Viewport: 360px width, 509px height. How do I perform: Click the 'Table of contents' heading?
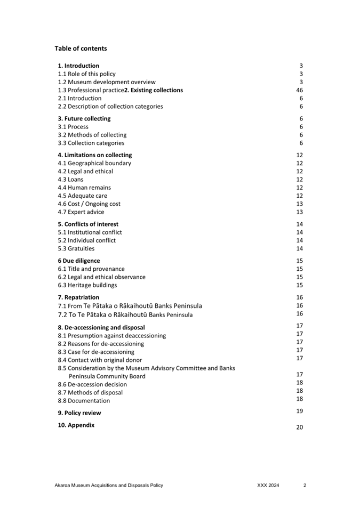81,49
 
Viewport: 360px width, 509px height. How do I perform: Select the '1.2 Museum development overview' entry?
107,82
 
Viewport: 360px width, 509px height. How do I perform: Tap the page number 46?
299,90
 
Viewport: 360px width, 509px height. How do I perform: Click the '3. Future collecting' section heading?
84,119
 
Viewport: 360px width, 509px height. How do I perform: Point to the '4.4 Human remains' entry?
84,188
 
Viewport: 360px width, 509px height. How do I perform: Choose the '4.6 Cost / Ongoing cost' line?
89,204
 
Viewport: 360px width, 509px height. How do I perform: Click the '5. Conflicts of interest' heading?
88,224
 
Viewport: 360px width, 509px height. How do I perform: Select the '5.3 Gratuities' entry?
76,248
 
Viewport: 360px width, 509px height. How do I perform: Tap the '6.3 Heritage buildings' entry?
87,285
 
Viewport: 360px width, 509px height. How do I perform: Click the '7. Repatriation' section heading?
78,297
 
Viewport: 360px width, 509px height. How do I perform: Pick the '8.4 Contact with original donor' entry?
100,360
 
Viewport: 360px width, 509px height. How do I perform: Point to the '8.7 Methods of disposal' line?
90,392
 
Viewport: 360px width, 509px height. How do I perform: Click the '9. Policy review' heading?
79,413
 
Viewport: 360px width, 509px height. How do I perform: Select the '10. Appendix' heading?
76,425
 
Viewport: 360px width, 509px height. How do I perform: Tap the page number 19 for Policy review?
299,411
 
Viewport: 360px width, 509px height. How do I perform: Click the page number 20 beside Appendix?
299,427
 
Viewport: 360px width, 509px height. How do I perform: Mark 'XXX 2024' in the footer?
268,486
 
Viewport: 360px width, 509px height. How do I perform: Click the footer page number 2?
305,486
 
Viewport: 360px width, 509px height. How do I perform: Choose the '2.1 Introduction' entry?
79,98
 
